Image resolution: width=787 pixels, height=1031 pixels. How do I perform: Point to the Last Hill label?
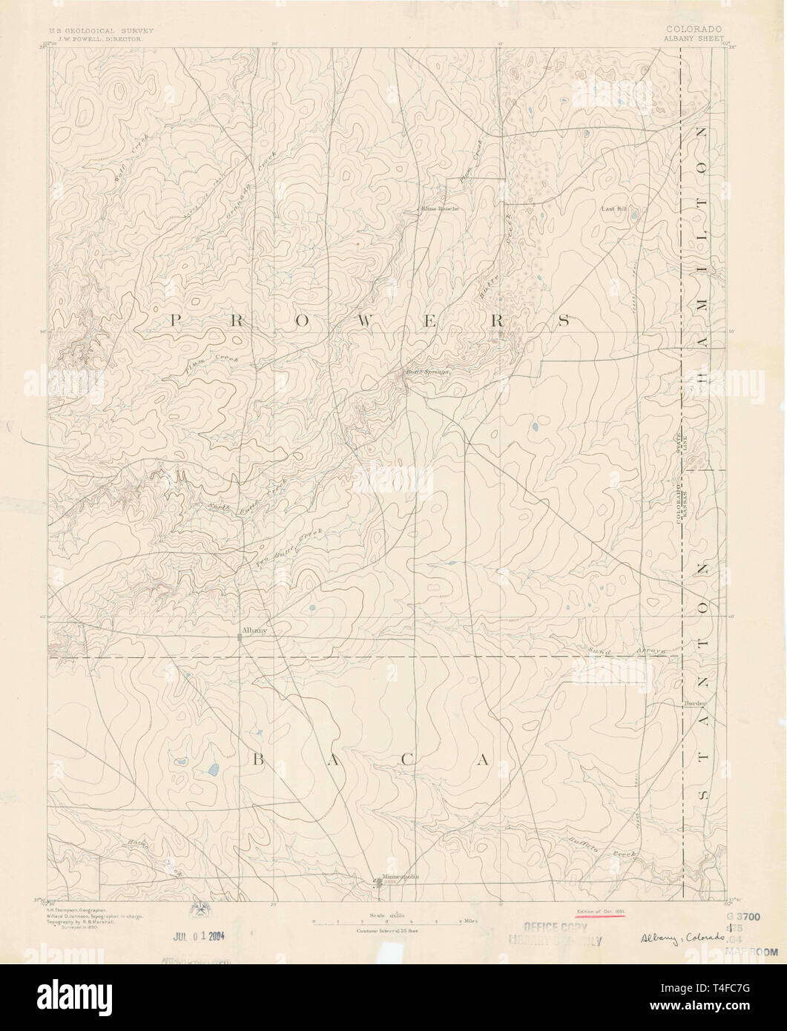[614, 210]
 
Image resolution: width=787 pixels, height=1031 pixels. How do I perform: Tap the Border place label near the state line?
[694, 702]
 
